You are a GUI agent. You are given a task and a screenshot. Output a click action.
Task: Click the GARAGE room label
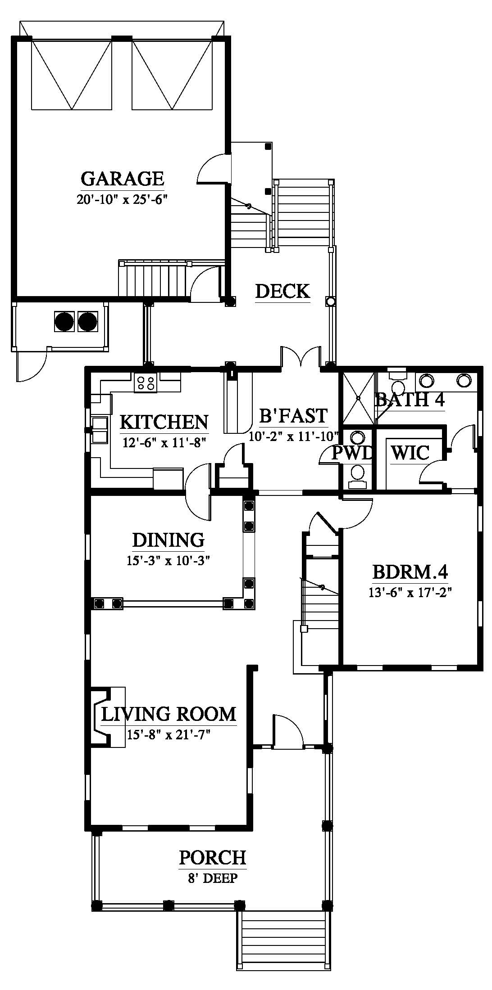point(123,179)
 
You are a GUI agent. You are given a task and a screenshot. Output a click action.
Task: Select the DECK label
point(282,291)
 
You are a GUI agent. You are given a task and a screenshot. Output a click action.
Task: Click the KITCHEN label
point(164,422)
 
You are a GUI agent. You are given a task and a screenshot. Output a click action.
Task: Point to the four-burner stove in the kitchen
point(145,382)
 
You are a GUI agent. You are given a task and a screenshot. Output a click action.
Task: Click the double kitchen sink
point(100,430)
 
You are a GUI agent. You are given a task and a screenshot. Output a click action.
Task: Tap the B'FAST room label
point(293,416)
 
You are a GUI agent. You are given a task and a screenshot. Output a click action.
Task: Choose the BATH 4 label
point(410,400)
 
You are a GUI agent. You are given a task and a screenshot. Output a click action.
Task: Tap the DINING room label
point(168,540)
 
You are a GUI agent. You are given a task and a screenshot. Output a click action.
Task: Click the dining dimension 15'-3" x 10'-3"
point(169,561)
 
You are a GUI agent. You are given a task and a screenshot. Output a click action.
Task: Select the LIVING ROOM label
point(169,714)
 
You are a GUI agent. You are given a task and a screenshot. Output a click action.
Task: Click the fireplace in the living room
point(107,717)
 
